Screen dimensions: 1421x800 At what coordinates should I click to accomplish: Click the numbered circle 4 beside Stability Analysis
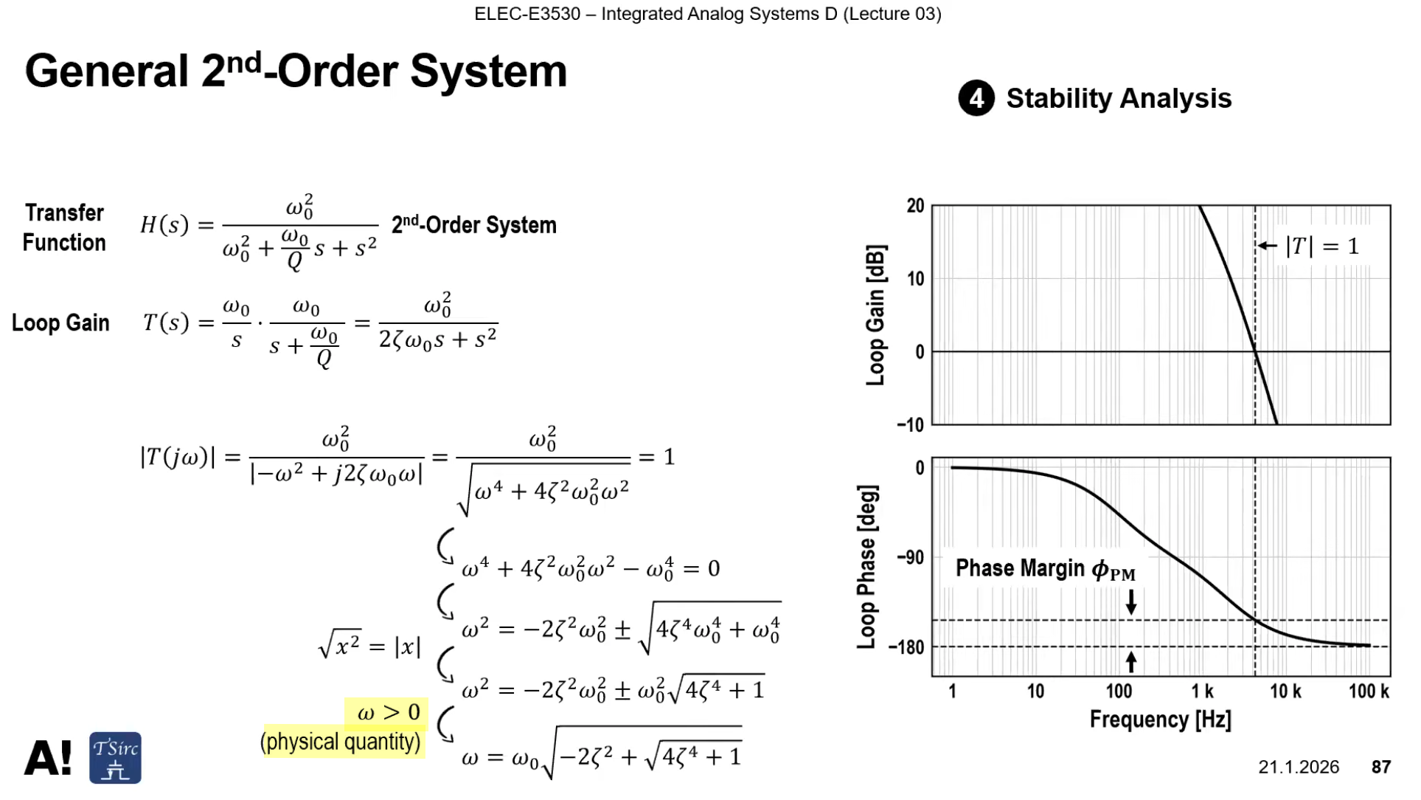(x=976, y=98)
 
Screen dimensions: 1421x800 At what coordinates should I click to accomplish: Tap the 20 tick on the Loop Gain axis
(x=915, y=206)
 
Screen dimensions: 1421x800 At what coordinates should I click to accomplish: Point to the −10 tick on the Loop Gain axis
(x=911, y=425)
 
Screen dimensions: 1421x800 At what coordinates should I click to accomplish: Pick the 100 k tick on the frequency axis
(x=1369, y=692)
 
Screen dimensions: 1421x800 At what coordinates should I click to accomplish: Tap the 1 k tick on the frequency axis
(x=1202, y=692)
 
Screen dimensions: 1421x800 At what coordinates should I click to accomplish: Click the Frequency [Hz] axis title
(x=1161, y=720)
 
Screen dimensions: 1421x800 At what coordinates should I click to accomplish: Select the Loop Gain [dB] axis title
(x=875, y=315)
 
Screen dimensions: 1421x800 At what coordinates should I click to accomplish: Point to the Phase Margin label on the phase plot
(x=1046, y=569)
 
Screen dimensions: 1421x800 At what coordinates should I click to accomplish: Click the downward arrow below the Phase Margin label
(x=1131, y=601)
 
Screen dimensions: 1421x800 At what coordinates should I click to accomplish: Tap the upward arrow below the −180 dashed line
(x=1131, y=662)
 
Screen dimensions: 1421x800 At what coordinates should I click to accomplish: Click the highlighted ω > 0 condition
(x=388, y=713)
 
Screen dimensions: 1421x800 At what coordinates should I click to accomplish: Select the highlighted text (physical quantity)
(x=341, y=742)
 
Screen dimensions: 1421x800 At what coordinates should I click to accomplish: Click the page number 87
(x=1381, y=768)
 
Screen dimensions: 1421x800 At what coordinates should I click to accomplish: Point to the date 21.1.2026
(x=1299, y=768)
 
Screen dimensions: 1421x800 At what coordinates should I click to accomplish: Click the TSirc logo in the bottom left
(x=115, y=758)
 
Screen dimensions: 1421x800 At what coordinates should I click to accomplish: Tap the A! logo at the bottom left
(x=49, y=759)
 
